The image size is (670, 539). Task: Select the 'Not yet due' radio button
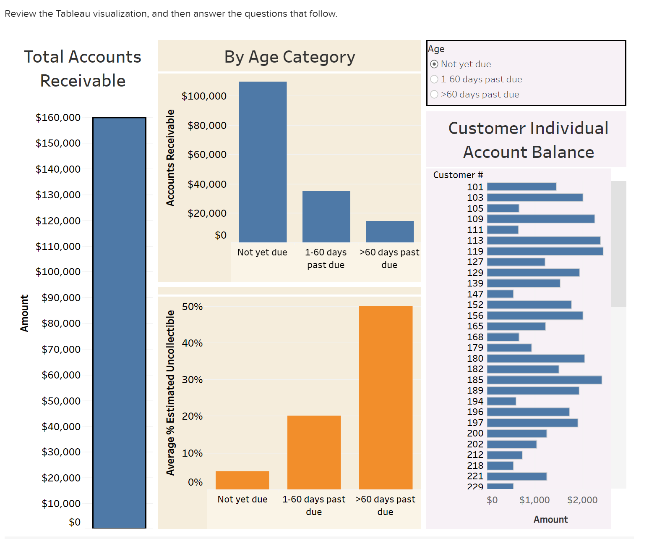[x=435, y=64]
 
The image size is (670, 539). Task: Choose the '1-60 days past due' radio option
[x=435, y=79]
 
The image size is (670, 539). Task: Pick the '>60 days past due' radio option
[x=435, y=95]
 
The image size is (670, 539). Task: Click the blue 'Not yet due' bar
[x=263, y=162]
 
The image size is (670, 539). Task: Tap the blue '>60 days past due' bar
[x=390, y=231]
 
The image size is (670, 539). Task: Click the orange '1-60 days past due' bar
[x=314, y=452]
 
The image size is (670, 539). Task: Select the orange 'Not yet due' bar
[x=242, y=480]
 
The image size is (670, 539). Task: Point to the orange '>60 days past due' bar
[x=386, y=397]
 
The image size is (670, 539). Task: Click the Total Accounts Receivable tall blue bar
[x=119, y=323]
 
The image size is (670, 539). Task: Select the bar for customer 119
[x=545, y=251]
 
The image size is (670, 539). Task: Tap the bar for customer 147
[x=500, y=294]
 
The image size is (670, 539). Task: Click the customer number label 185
[x=475, y=380]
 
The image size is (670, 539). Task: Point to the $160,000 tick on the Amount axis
[x=58, y=118]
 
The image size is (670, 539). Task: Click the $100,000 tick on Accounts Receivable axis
[x=204, y=96]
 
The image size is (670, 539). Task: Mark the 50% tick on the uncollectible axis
[x=192, y=307]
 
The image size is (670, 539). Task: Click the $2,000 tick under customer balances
[x=582, y=500]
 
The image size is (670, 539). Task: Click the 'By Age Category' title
[x=289, y=57]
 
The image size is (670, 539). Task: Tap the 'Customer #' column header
[x=458, y=175]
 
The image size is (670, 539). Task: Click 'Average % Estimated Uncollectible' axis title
[x=170, y=392]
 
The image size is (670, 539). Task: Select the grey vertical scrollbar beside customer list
[x=618, y=244]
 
